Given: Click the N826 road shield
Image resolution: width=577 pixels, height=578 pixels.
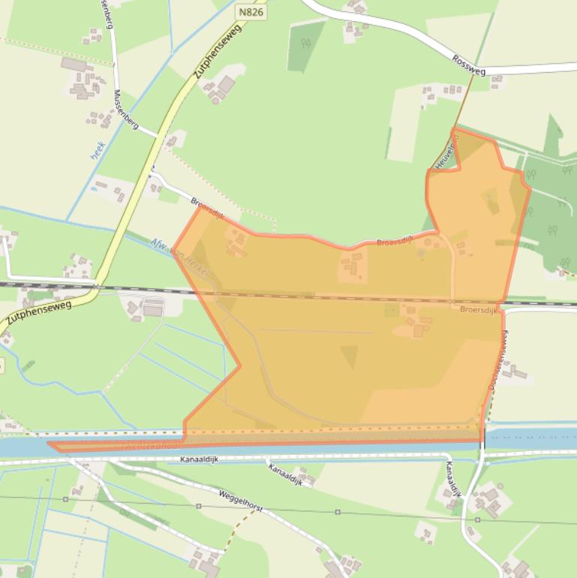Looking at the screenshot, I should click(x=252, y=12).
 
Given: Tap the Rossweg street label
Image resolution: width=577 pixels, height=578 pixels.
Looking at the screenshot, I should click(x=469, y=65).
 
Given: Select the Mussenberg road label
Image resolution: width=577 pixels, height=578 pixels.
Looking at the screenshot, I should click(x=125, y=110).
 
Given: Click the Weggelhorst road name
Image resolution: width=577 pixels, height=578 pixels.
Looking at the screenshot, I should click(x=240, y=501).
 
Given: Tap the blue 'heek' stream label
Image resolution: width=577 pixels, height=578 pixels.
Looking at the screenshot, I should click(x=98, y=149).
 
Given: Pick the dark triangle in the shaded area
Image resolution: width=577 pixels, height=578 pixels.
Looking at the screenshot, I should click(x=349, y=356).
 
